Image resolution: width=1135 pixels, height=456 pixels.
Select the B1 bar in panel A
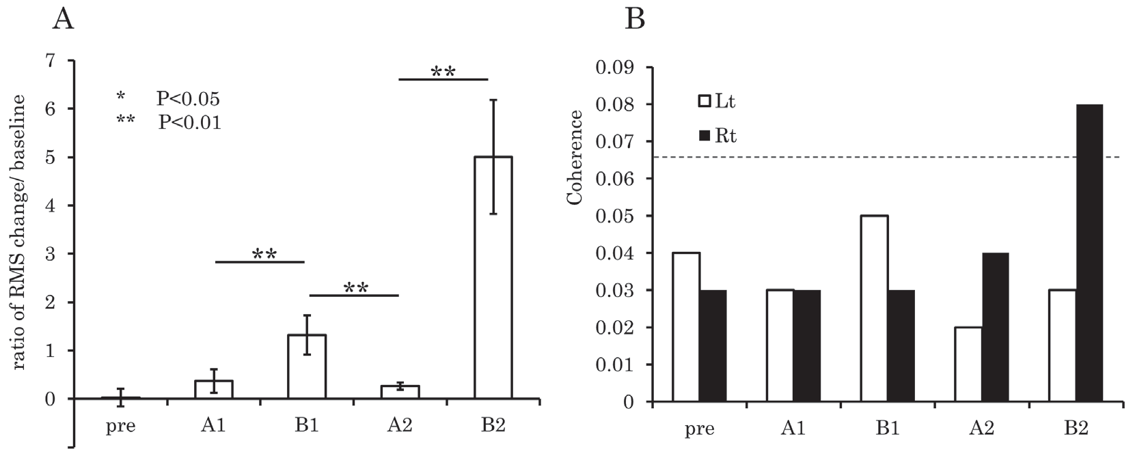[x=307, y=367]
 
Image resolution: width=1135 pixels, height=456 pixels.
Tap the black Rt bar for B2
[x=1089, y=253]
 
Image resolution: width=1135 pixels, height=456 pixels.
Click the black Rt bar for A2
[x=995, y=327]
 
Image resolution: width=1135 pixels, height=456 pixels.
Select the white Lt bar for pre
[x=685, y=327]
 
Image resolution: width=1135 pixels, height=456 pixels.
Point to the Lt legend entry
[x=716, y=102]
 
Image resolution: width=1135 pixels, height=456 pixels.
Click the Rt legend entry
[x=716, y=137]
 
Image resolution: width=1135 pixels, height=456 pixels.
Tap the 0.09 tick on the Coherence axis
[x=616, y=68]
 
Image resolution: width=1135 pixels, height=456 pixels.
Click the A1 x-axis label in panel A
[x=214, y=426]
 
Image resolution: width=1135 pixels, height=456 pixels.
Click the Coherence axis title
[x=575, y=157]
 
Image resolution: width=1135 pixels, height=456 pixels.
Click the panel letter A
[x=64, y=20]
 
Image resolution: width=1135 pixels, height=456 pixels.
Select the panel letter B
[x=635, y=20]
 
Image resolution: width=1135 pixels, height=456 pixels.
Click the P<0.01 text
[x=189, y=123]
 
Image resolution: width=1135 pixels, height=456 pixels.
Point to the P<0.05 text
[x=188, y=100]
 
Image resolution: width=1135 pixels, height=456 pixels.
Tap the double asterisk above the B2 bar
[x=443, y=71]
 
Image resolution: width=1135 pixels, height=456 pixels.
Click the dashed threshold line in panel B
[x=820, y=158]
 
